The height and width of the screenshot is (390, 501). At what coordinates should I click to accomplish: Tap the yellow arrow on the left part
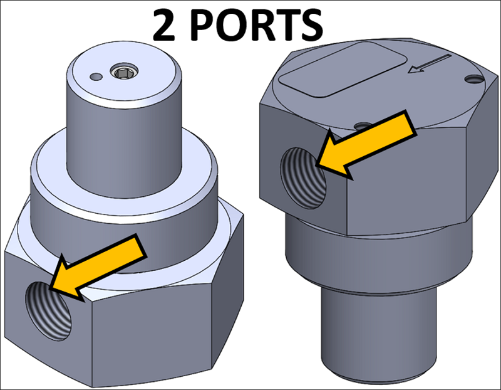(x=100, y=263)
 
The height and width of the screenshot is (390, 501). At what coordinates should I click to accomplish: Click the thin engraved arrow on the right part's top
(x=430, y=63)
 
